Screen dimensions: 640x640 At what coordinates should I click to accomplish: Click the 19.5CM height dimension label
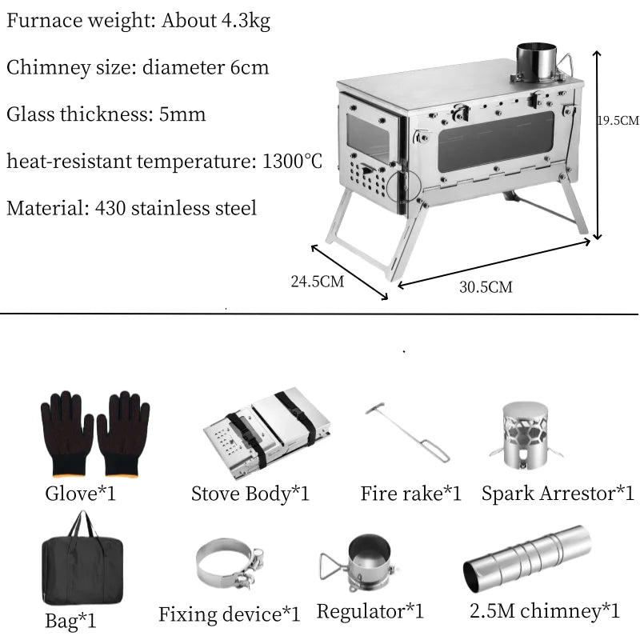[x=618, y=121]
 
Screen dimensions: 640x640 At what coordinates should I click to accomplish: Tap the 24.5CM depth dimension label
[x=317, y=282]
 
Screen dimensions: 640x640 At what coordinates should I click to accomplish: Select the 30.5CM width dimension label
[x=486, y=287]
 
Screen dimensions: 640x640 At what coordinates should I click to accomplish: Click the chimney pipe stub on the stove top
[x=535, y=62]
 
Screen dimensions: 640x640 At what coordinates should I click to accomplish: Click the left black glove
[x=67, y=433]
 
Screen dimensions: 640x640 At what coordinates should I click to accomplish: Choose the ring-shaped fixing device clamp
[x=229, y=564]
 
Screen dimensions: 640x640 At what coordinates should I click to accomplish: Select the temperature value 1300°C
[x=292, y=162]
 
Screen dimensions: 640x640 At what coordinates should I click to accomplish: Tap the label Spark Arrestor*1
[x=558, y=493]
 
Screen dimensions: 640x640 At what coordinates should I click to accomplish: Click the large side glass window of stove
[x=495, y=141]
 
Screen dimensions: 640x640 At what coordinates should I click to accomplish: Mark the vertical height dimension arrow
[x=596, y=144]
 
